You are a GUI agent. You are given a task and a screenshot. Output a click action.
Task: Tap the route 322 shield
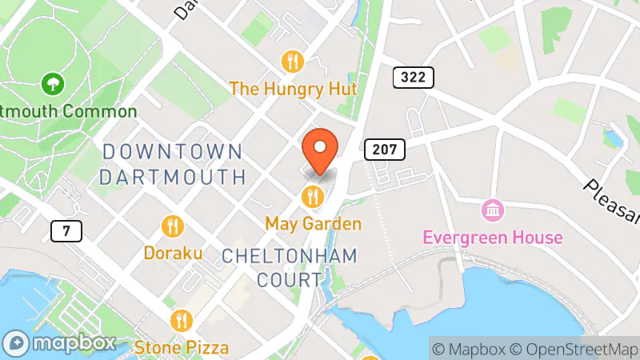[x=414, y=78]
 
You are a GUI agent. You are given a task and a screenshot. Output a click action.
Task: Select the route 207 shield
[x=385, y=149]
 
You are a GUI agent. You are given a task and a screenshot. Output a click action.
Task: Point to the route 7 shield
[x=66, y=231]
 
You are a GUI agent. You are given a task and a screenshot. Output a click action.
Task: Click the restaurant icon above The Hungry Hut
[x=293, y=60]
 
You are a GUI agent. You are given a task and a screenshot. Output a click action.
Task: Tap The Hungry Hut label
[x=293, y=87]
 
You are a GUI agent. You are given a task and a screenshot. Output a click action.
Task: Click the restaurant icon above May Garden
[x=313, y=195]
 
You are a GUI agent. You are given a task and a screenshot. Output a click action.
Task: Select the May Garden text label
[x=314, y=223]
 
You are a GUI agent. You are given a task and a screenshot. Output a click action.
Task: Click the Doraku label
[x=172, y=253]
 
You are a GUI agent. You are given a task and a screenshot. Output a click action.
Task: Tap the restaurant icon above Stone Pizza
[x=182, y=321]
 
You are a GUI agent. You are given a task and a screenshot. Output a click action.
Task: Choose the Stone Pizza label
[x=182, y=347]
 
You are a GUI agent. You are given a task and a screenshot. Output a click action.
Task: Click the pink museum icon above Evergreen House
[x=493, y=211]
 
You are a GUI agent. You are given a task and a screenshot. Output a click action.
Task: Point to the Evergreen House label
[x=493, y=238]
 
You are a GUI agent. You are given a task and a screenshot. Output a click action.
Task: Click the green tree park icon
[x=53, y=82]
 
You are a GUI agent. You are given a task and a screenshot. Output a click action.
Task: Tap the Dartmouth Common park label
[x=69, y=110]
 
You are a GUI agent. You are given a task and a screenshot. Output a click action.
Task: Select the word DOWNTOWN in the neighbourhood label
[x=173, y=150]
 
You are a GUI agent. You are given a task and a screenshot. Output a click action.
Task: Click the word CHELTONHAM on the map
[x=290, y=255]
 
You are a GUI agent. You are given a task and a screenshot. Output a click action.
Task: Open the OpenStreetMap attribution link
[x=574, y=348]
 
